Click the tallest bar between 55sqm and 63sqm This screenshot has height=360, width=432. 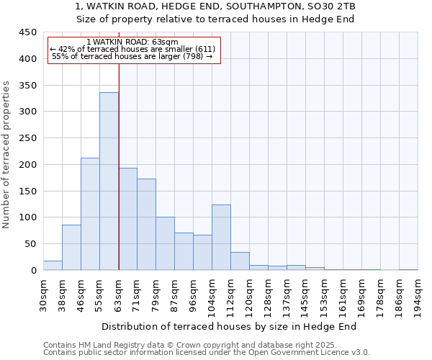click(109, 181)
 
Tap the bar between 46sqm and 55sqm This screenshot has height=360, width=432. click(90, 214)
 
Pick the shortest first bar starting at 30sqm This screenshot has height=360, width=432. click(53, 265)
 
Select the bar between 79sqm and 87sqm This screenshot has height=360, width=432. click(165, 243)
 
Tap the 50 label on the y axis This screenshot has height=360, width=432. click(31, 244)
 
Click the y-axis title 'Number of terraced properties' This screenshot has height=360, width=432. click(7, 155)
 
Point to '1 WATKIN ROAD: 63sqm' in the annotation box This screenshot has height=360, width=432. click(132, 42)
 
